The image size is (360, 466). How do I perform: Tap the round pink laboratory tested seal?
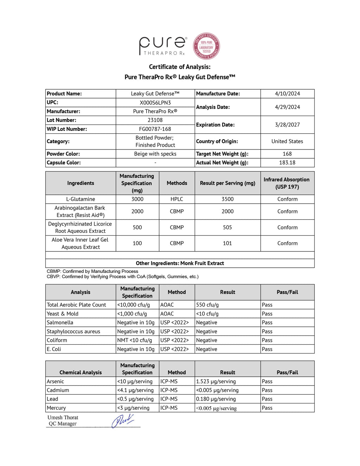click(x=206, y=46)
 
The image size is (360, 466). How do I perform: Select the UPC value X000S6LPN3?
click(x=155, y=103)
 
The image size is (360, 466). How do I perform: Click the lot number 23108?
click(x=155, y=120)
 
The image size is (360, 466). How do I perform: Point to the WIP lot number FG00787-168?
click(x=155, y=129)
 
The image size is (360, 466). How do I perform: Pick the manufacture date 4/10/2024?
click(x=287, y=94)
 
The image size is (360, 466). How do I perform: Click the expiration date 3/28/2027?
click(x=287, y=125)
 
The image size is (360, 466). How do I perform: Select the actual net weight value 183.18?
click(x=287, y=162)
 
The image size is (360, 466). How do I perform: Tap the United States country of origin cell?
click(x=287, y=141)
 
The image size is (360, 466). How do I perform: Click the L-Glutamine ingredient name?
click(x=81, y=199)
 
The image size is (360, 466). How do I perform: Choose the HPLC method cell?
click(x=177, y=199)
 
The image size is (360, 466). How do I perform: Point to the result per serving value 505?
click(x=227, y=228)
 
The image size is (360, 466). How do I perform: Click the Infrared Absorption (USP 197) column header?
click(x=287, y=183)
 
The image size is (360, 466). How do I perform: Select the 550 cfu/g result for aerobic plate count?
click(x=207, y=305)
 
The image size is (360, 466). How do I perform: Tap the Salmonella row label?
click(x=60, y=323)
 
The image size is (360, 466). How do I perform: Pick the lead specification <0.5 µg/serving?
click(x=135, y=399)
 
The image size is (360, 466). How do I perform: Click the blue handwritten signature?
click(x=123, y=421)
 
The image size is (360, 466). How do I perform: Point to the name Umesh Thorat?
click(x=63, y=417)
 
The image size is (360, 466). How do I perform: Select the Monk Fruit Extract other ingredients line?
click(x=180, y=263)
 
